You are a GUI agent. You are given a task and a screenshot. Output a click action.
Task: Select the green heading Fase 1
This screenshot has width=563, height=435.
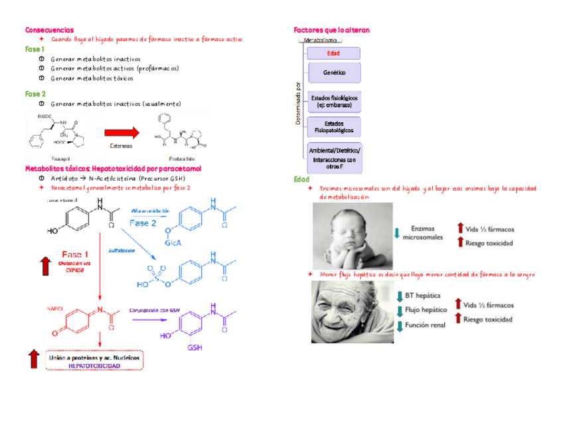pyautogui.click(x=35, y=49)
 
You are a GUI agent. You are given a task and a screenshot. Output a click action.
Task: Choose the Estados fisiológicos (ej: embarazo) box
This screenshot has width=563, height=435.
pyautogui.click(x=335, y=102)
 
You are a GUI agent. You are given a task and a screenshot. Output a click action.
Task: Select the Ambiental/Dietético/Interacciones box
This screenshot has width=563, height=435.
pyautogui.click(x=334, y=159)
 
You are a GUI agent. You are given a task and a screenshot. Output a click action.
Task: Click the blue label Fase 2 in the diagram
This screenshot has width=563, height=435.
pyautogui.click(x=143, y=223)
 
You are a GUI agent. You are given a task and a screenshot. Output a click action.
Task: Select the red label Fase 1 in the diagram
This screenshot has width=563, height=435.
pyautogui.click(x=75, y=254)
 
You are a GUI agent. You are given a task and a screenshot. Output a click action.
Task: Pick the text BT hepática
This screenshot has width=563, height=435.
pyautogui.click(x=423, y=296)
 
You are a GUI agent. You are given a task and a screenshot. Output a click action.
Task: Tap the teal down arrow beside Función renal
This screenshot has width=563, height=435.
pyautogui.click(x=399, y=325)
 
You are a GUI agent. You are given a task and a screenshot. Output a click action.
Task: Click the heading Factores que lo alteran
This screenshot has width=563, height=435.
pyautogui.click(x=331, y=30)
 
